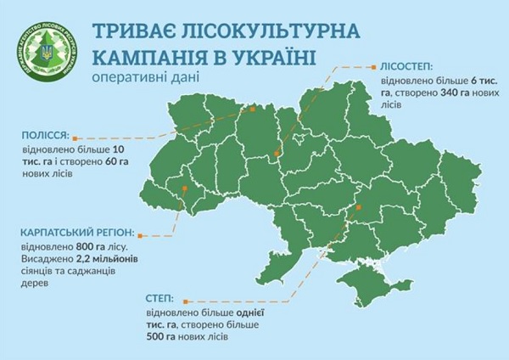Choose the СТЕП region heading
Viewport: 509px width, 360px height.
coord(159,300)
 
